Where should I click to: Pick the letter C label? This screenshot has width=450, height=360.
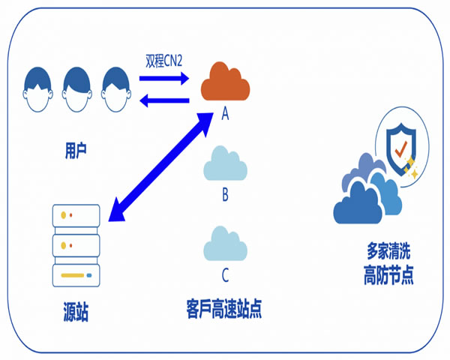pos(225,274)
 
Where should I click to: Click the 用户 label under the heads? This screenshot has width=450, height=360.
pos(76,150)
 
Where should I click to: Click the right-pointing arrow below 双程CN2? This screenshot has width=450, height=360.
pos(165,79)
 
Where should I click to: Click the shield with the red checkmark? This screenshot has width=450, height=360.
pos(399,142)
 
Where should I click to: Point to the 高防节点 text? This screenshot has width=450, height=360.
pos(382,275)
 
